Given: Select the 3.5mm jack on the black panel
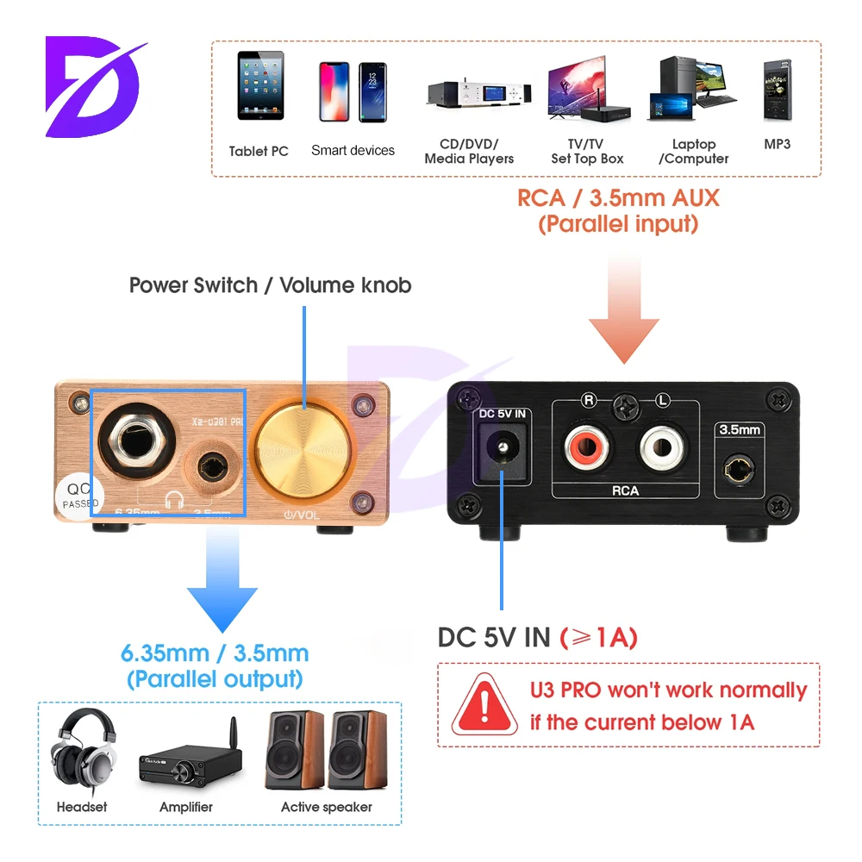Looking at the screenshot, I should (740, 470).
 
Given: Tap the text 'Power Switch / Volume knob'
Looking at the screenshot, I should (270, 284).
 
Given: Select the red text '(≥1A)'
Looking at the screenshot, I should (599, 637).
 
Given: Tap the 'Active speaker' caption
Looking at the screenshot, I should (327, 807).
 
